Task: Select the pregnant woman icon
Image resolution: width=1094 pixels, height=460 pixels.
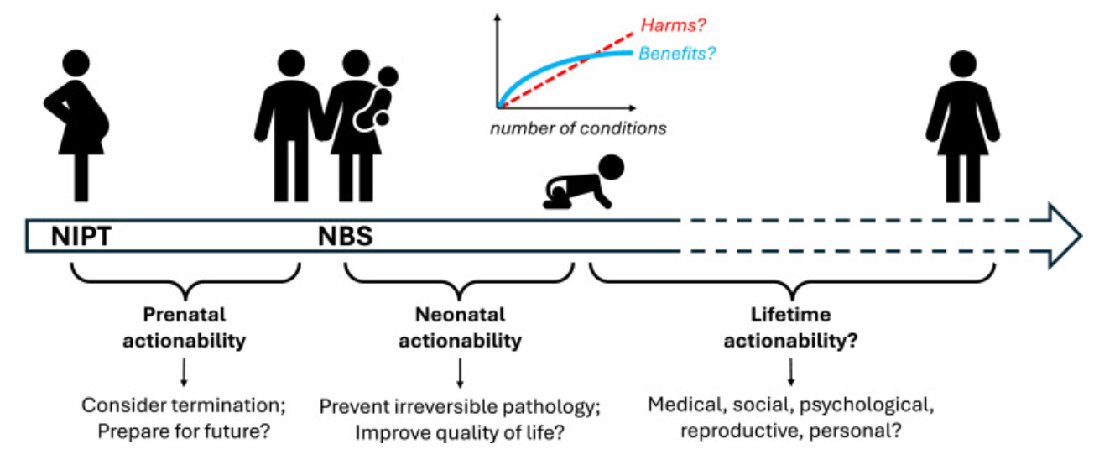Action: point(76,126)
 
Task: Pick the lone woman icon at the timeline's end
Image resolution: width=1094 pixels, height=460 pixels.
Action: point(962,126)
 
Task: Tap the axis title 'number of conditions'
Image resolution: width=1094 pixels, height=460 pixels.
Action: point(578,129)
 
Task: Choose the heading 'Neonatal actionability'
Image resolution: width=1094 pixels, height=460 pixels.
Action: point(460,328)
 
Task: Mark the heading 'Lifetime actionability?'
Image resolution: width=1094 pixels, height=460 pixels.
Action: point(790,328)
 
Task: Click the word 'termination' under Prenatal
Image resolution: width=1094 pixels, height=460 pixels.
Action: point(227,405)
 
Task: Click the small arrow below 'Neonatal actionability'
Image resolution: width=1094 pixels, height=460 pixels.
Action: point(460,370)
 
